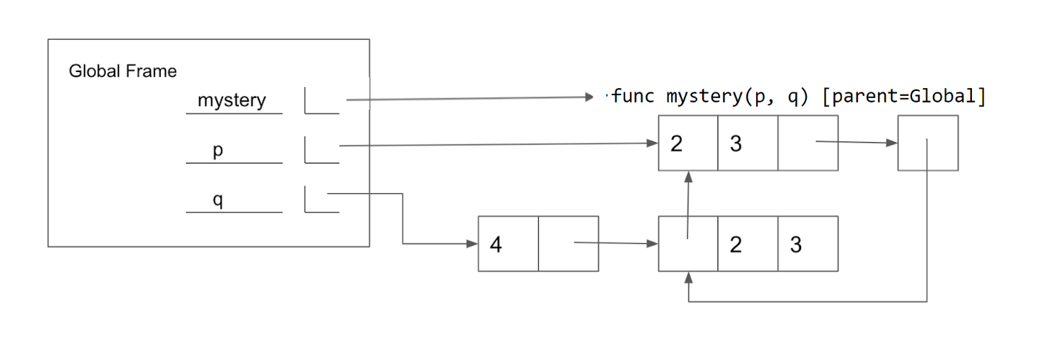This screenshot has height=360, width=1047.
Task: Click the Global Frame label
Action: [x=123, y=71]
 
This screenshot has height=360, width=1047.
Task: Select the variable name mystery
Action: [x=232, y=100]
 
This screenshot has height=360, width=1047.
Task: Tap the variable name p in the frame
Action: [x=217, y=151]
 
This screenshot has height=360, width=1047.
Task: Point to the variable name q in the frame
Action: [x=217, y=200]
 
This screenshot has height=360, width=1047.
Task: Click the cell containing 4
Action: [x=508, y=244]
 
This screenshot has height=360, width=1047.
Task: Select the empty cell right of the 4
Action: [x=568, y=244]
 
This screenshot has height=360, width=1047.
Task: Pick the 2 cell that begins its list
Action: [x=688, y=144]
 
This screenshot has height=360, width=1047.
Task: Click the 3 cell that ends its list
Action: [x=807, y=244]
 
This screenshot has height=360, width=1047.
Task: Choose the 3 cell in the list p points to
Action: [x=748, y=144]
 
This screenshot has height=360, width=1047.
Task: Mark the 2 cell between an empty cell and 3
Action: [x=748, y=244]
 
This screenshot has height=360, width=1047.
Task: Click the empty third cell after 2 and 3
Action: [x=807, y=144]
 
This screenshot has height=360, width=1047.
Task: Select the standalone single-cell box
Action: [x=927, y=144]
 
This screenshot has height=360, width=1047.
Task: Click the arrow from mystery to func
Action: [x=469, y=98]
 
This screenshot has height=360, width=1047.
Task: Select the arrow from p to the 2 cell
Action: [x=498, y=144]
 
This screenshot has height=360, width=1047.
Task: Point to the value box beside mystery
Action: [x=322, y=100]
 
